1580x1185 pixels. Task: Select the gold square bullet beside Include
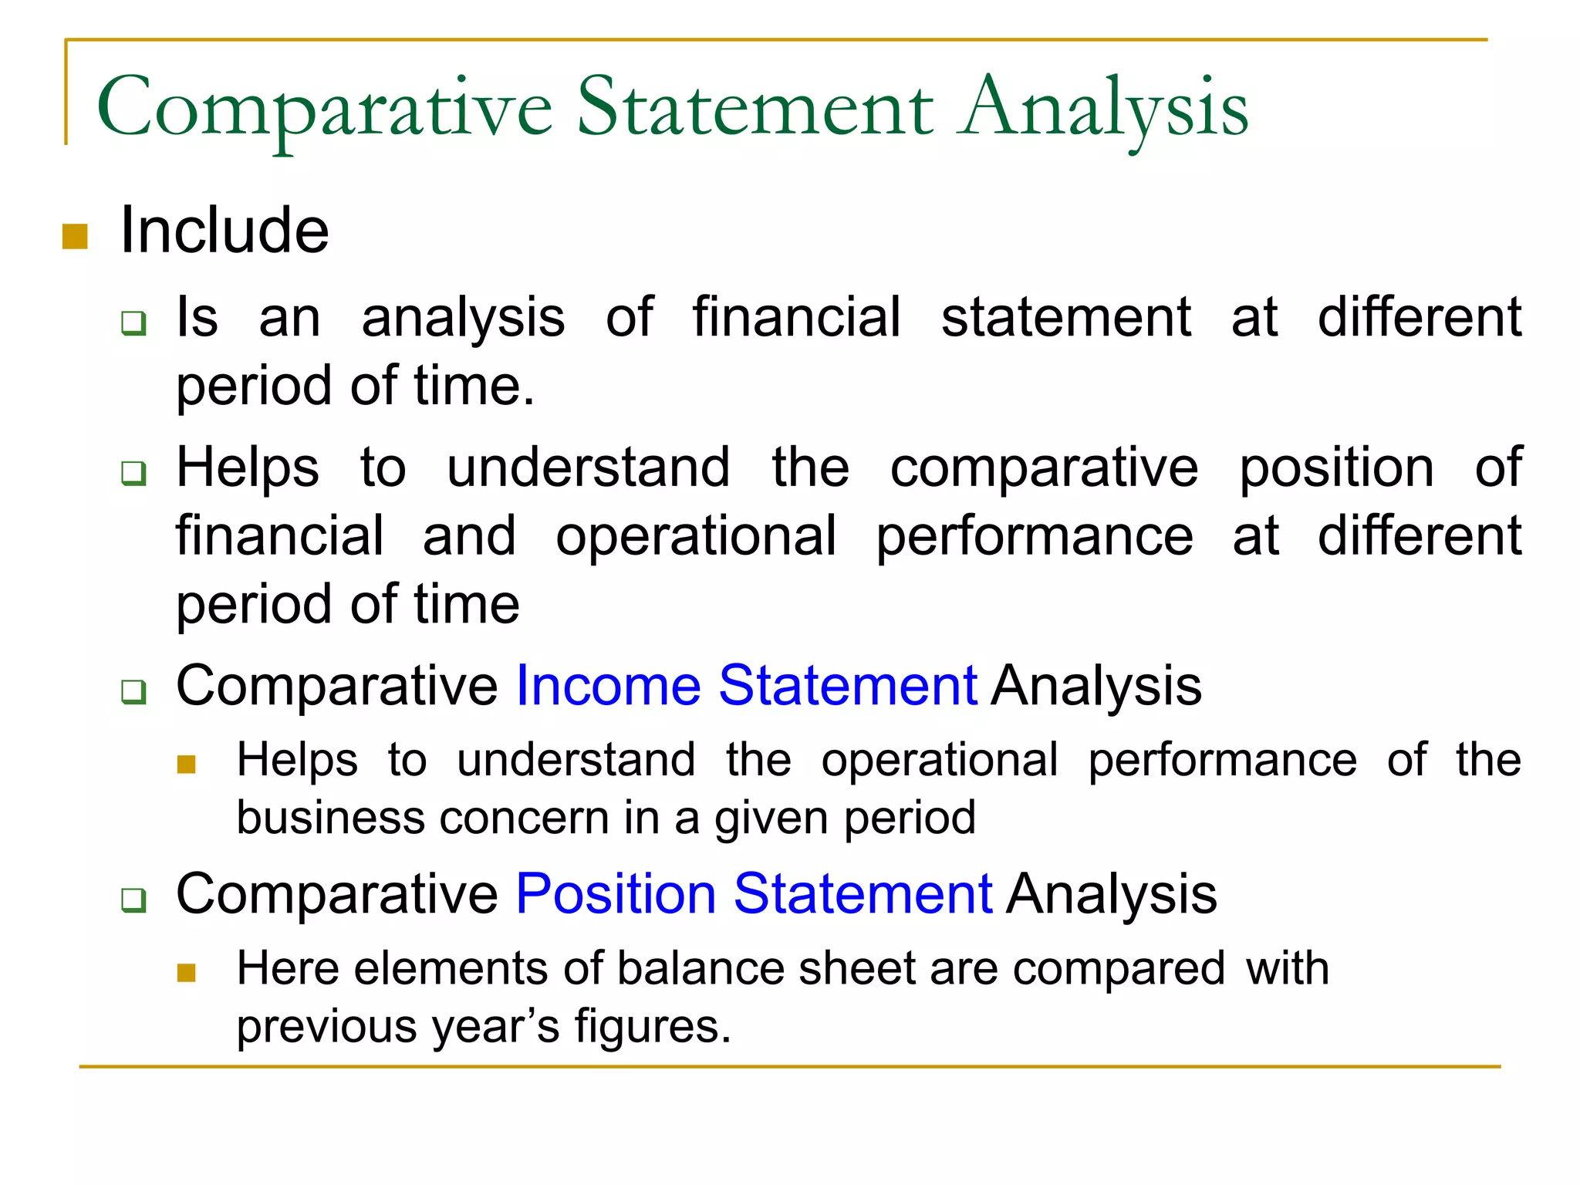(75, 237)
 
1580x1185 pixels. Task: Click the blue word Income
(608, 685)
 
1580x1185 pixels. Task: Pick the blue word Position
(616, 894)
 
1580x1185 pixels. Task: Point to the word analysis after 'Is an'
(463, 318)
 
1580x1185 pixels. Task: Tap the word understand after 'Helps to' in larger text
(588, 468)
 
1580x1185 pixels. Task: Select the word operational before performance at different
(696, 536)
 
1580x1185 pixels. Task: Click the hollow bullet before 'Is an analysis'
(133, 322)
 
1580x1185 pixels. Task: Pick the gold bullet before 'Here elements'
(186, 972)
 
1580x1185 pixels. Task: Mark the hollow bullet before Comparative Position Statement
(133, 900)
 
